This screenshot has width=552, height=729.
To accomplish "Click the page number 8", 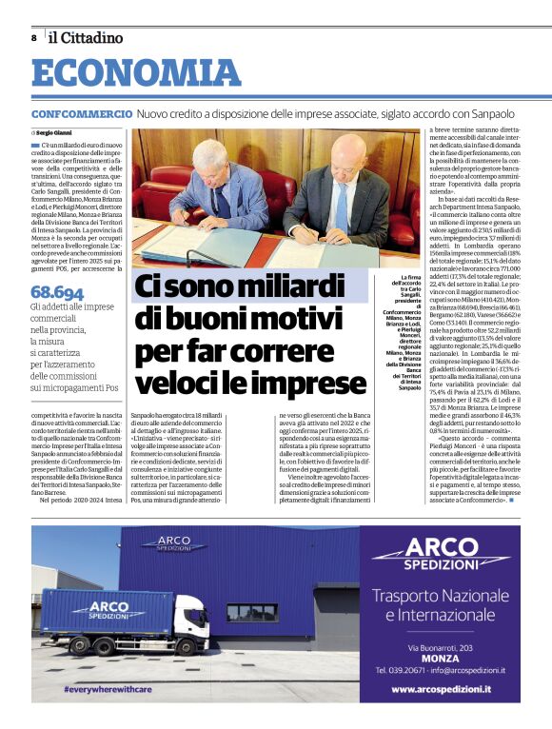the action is [33, 38].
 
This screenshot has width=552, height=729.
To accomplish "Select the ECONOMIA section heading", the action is [136, 75].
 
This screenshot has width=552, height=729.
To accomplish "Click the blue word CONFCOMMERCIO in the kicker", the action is [81, 114].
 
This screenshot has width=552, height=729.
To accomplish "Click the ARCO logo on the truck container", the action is [95, 609].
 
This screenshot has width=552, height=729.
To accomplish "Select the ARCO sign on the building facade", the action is [174, 545].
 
